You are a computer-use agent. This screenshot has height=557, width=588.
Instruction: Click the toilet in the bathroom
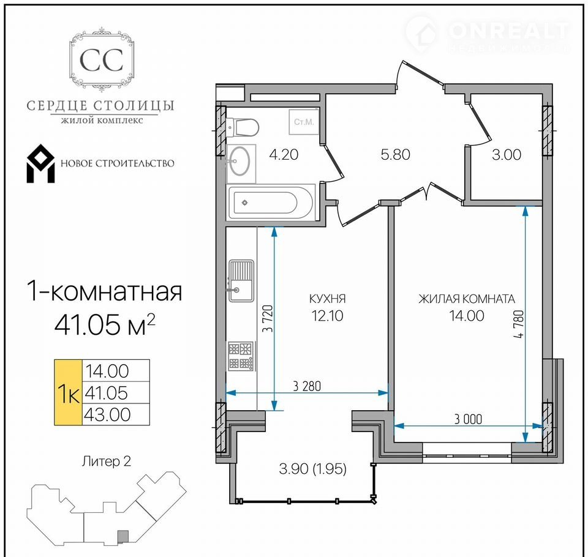point(243,127)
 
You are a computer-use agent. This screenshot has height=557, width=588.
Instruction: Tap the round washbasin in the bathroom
point(239,161)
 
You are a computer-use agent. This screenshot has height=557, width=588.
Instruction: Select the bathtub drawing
point(269,203)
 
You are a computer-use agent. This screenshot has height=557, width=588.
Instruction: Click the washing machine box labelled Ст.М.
point(303,121)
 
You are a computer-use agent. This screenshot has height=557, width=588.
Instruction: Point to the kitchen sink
point(241,281)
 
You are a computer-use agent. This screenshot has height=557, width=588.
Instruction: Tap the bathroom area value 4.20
point(284,154)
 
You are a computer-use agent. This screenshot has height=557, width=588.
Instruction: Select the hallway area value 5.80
point(395,154)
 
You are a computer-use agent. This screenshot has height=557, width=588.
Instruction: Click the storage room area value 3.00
point(507,154)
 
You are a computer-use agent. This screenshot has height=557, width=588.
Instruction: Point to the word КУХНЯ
point(327,299)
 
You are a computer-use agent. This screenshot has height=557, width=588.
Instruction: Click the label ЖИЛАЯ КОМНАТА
point(467,299)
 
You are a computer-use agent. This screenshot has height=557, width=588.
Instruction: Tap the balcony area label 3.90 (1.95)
point(313,468)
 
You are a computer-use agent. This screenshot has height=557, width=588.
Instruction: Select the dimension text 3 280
point(307,386)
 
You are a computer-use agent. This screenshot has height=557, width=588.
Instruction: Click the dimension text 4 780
point(519,324)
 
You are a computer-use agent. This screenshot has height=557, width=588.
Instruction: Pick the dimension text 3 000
point(468,419)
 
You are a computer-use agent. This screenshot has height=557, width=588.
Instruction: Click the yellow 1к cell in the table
point(68,392)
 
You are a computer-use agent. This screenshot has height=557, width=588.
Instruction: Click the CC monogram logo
point(102,59)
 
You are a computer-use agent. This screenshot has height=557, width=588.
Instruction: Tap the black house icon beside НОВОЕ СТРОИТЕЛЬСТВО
point(40,163)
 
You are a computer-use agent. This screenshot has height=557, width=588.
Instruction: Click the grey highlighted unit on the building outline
point(123,536)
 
